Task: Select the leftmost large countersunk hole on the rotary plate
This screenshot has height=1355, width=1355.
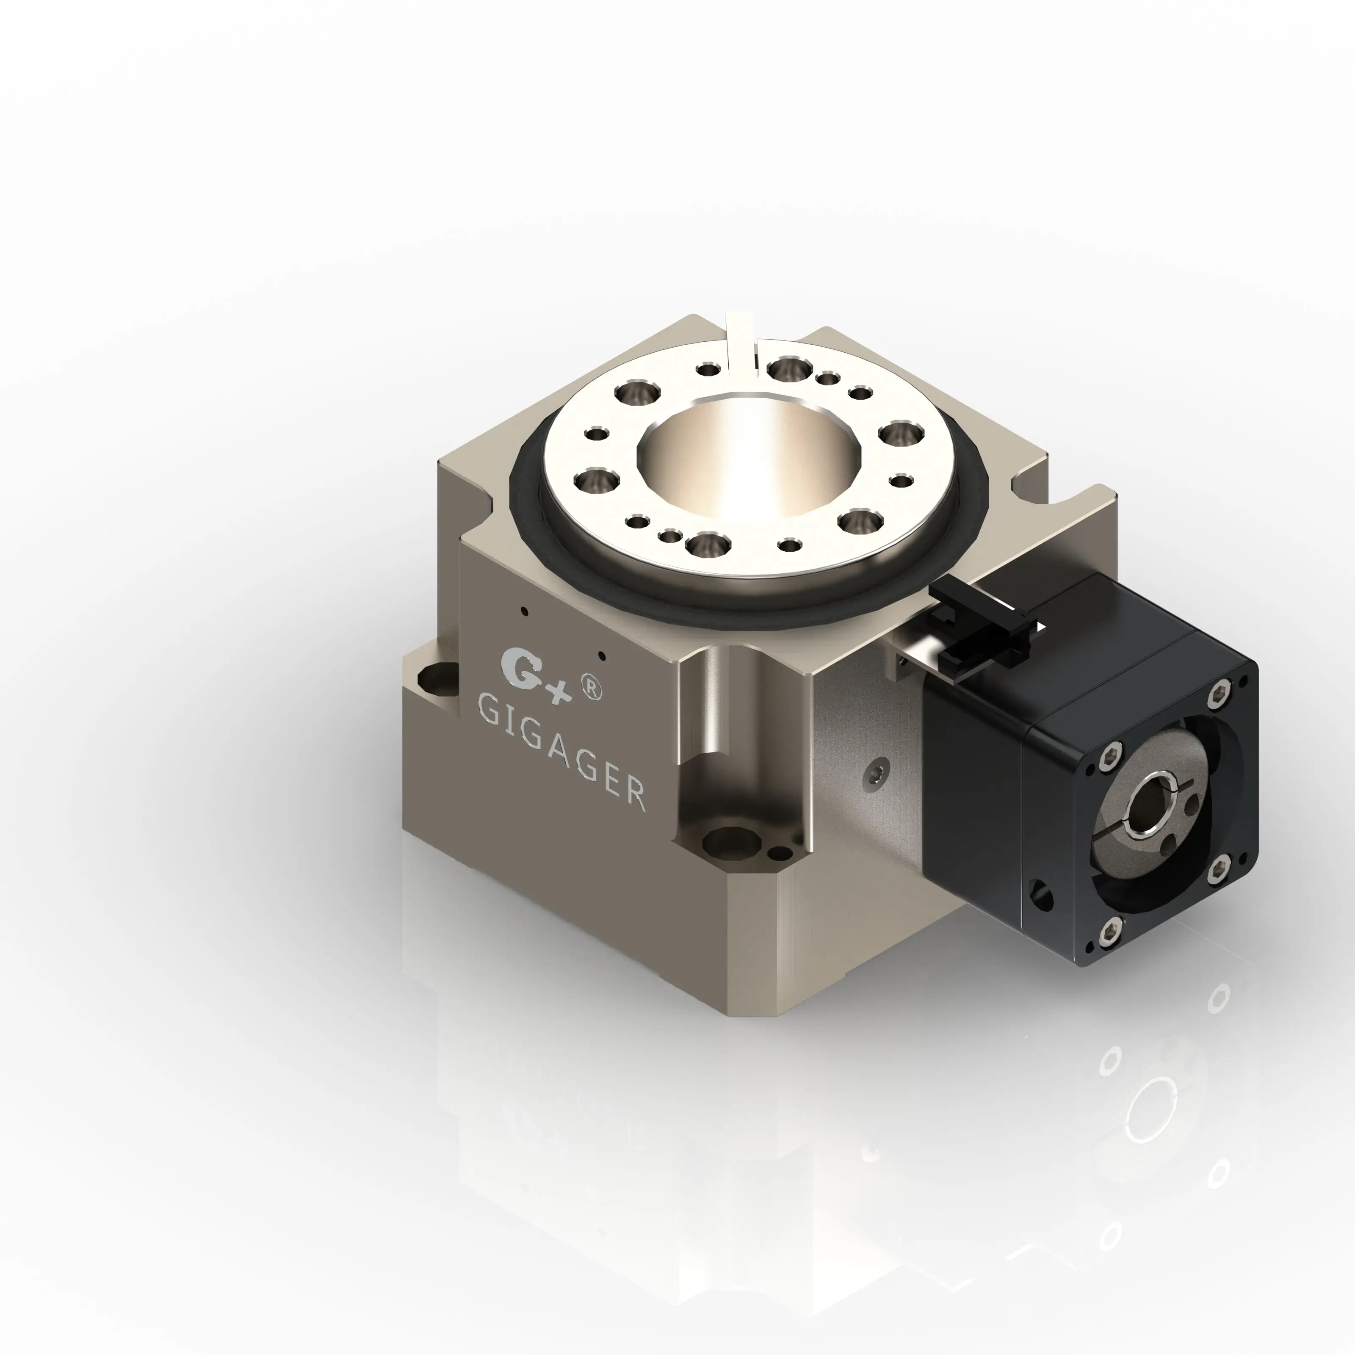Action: coord(597,481)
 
